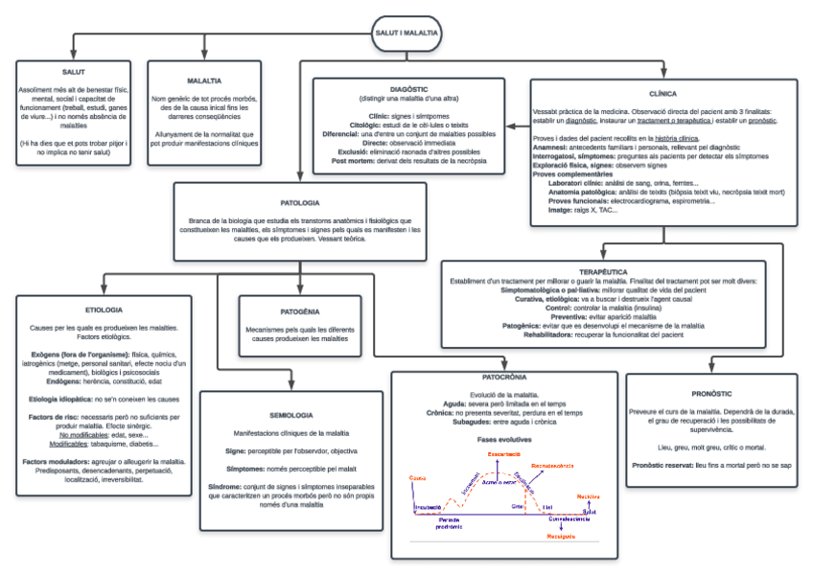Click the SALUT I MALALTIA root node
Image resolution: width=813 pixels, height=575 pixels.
point(406,33)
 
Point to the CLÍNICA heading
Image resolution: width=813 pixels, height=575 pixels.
point(663,95)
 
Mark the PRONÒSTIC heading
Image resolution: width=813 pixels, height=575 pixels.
point(711,394)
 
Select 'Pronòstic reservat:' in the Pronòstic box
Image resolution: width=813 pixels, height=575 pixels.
point(662,465)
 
